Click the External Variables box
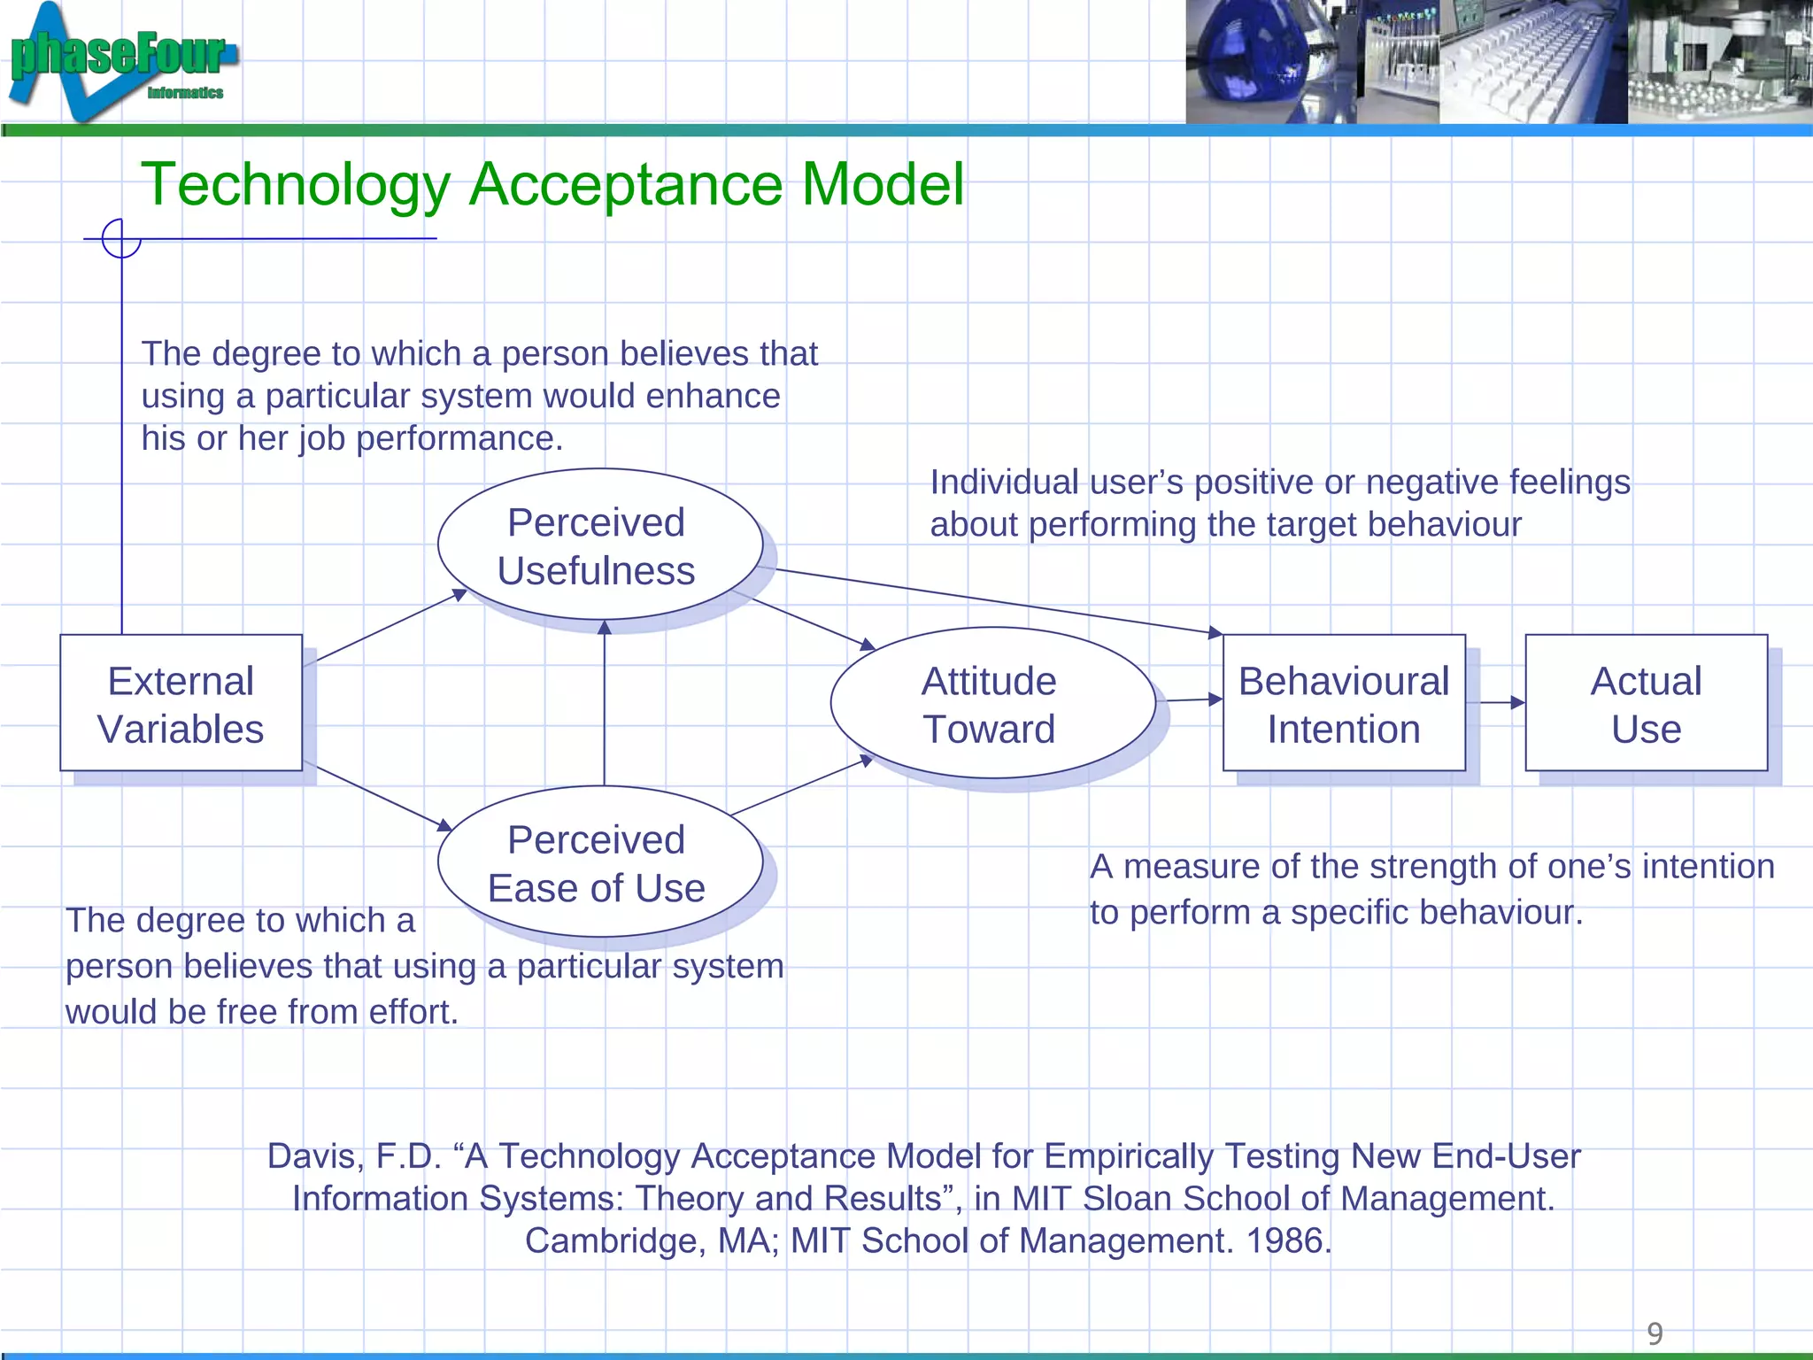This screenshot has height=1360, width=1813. click(181, 703)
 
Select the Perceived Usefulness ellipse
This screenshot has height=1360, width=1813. click(599, 545)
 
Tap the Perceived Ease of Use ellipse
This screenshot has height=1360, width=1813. click(599, 862)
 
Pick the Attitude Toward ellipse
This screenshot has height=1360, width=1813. click(991, 703)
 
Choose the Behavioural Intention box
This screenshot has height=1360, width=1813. click(1344, 703)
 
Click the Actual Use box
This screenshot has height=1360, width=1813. click(1646, 703)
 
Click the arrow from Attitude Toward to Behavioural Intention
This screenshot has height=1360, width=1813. click(1191, 700)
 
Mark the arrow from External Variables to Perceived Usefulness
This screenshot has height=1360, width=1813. click(390, 627)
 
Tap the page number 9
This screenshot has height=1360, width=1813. click(1655, 1333)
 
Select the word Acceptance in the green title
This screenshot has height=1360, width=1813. click(625, 185)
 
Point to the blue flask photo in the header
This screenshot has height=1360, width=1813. click(1270, 62)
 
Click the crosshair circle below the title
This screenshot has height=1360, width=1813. click(121, 238)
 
